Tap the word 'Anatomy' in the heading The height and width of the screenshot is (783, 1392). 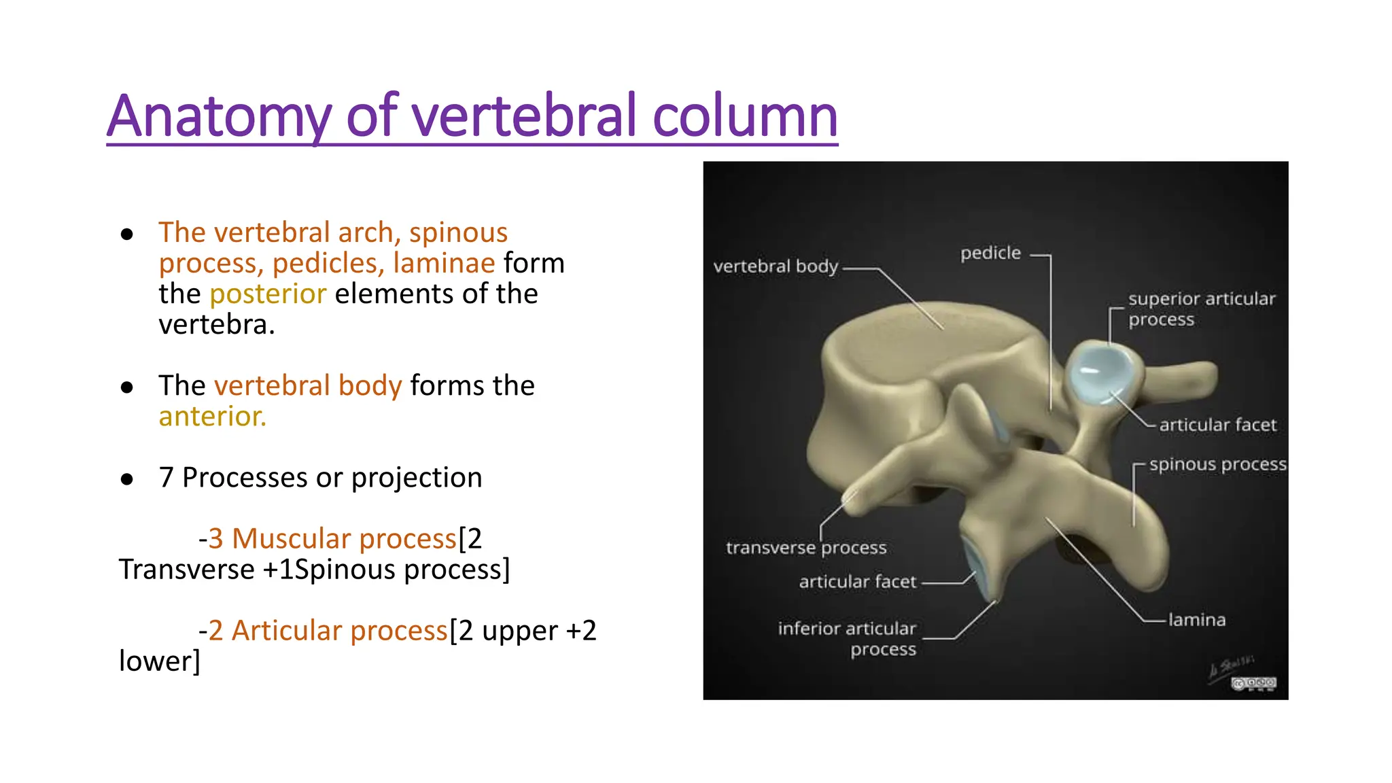219,117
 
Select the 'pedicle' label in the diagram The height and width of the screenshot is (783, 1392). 990,254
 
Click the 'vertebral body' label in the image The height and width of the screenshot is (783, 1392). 776,266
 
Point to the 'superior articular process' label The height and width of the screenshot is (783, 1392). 1201,309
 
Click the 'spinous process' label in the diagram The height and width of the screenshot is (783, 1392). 1217,464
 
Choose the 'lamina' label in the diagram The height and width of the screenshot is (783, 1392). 1197,620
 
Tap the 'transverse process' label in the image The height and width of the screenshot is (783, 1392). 806,548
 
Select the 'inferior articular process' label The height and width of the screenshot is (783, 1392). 848,638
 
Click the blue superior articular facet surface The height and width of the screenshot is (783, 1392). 1098,373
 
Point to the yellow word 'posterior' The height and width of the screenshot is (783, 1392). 268,294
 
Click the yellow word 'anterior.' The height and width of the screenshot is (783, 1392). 212,417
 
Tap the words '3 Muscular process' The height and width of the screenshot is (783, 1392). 332,539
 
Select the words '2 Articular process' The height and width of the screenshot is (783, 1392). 328,631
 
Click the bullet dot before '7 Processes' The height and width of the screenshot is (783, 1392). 127,479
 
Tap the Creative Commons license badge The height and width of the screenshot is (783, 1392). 1253,684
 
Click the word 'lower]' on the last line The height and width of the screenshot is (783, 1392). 160,661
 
